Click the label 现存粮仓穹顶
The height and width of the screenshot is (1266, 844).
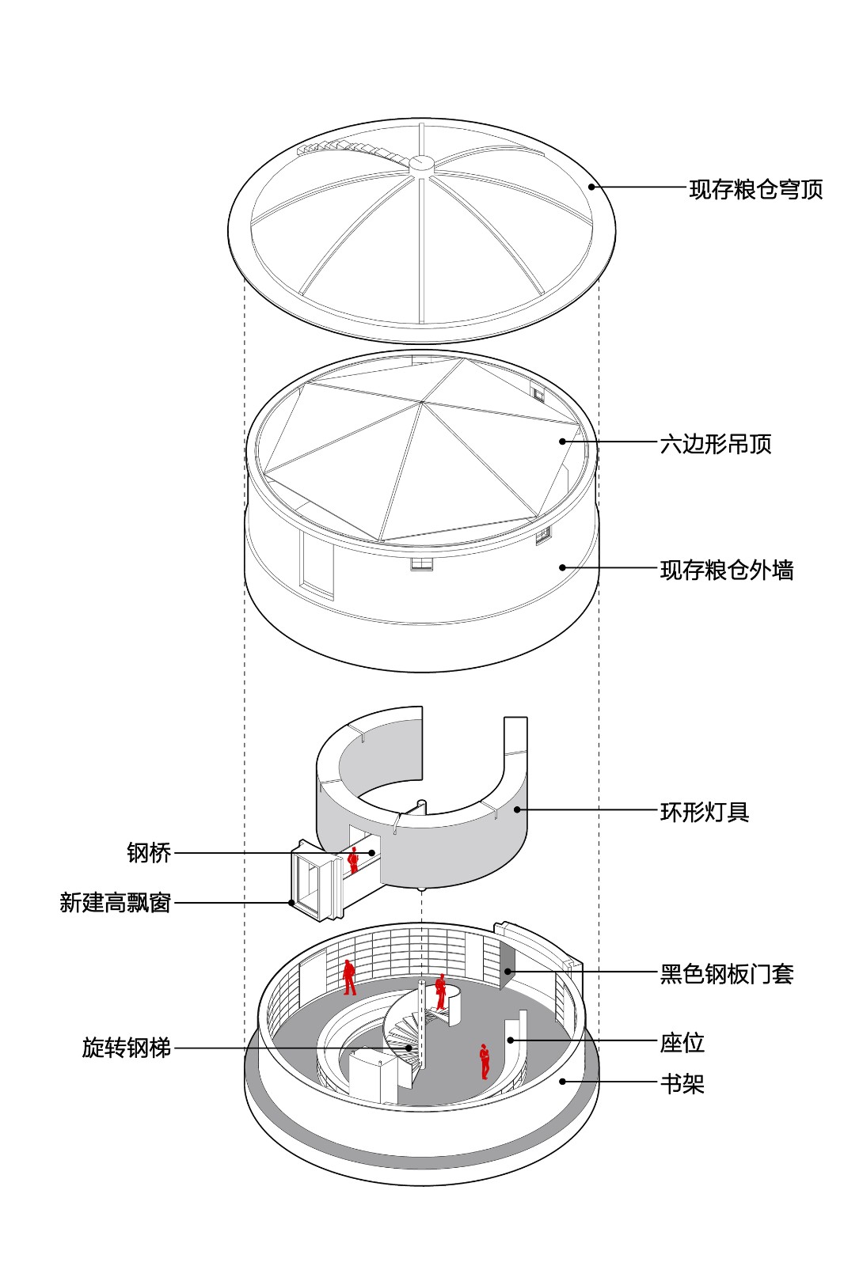(x=755, y=189)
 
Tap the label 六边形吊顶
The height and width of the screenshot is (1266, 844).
(x=715, y=443)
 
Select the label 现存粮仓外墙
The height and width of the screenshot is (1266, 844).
(x=726, y=570)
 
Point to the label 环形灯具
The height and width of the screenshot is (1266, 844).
(x=704, y=811)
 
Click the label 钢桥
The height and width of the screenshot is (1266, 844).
(x=149, y=853)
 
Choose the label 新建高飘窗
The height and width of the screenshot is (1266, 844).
(x=116, y=903)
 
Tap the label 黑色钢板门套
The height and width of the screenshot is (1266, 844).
(x=726, y=973)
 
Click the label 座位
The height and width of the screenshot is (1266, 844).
(x=682, y=1042)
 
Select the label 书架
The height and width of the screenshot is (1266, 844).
(x=682, y=1083)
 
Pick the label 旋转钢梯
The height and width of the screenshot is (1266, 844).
(x=127, y=1048)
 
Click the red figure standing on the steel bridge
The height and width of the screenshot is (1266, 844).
(x=354, y=860)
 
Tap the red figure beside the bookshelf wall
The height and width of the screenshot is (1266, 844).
(x=349, y=976)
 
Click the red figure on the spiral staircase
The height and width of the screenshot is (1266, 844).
(x=440, y=991)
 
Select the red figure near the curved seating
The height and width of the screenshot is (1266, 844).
(x=484, y=1061)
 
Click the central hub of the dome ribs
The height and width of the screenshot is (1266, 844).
(x=421, y=163)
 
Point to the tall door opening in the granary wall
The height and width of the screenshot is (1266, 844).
(x=317, y=563)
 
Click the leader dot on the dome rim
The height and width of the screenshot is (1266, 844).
(x=591, y=187)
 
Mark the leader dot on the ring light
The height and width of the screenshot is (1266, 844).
(x=517, y=809)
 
